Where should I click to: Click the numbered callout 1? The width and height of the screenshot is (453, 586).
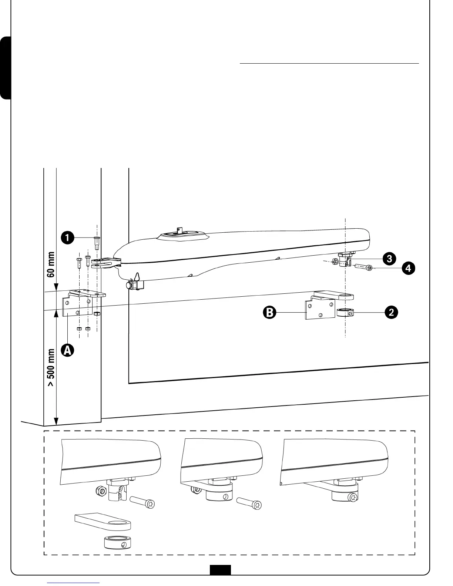(67, 238)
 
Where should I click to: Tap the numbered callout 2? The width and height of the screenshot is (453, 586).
(391, 313)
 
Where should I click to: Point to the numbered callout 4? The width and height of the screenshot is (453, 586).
(408, 268)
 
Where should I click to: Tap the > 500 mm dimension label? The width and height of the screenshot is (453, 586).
(51, 367)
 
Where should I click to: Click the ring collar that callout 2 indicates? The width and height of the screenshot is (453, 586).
(345, 313)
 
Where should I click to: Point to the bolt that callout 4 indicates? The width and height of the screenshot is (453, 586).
(365, 267)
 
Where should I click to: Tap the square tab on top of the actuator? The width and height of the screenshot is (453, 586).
(180, 230)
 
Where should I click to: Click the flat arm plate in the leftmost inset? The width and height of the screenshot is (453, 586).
(103, 522)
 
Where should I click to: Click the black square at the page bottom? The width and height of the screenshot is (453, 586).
(220, 570)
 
